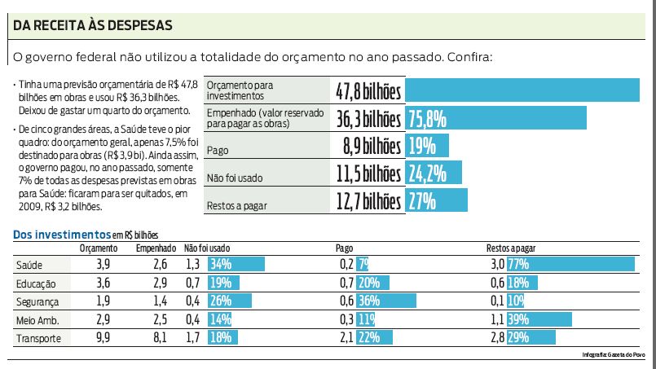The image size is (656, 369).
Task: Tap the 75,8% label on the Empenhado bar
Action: pyautogui.click(x=428, y=118)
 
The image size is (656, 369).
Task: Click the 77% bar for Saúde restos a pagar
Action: pyautogui.click(x=570, y=265)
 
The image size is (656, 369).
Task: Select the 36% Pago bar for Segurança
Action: pyautogui.click(x=378, y=301)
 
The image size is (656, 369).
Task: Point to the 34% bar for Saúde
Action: pyautogui.click(x=236, y=265)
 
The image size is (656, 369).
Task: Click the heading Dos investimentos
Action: pyautogui.click(x=61, y=235)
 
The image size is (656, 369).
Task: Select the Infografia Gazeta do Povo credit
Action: pyautogui.click(x=613, y=355)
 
